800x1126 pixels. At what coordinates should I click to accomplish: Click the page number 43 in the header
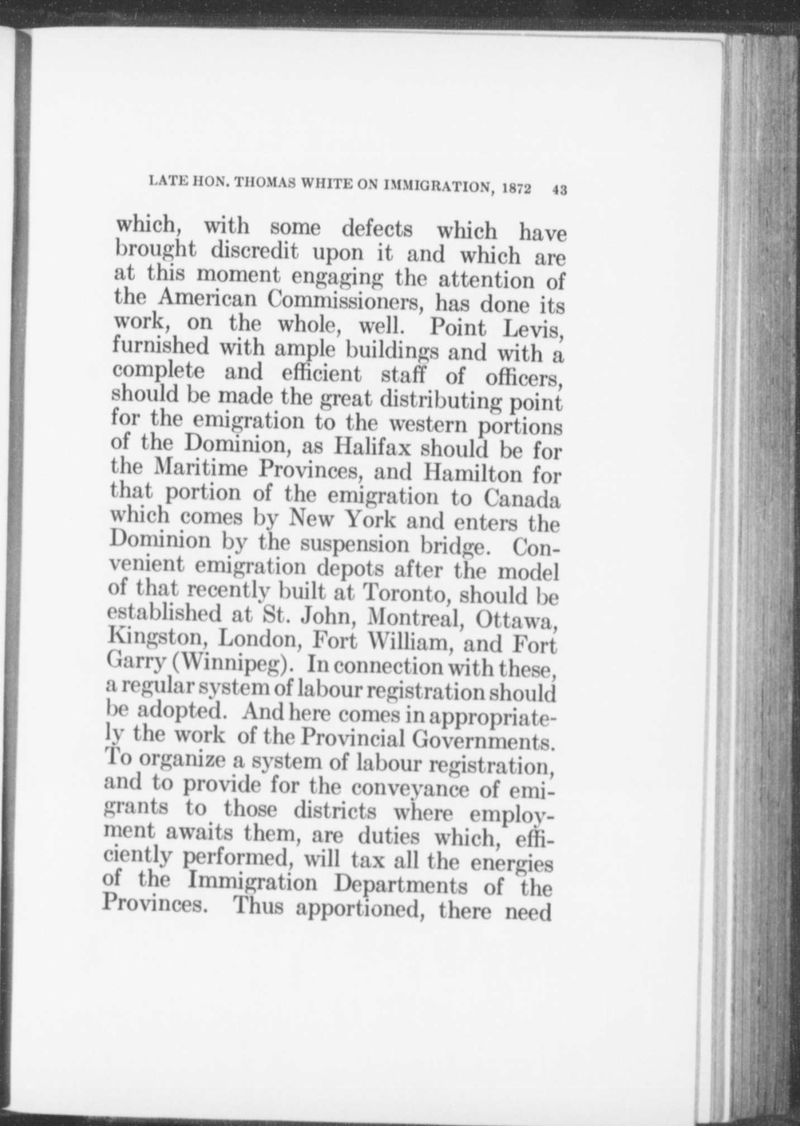pyautogui.click(x=559, y=189)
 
